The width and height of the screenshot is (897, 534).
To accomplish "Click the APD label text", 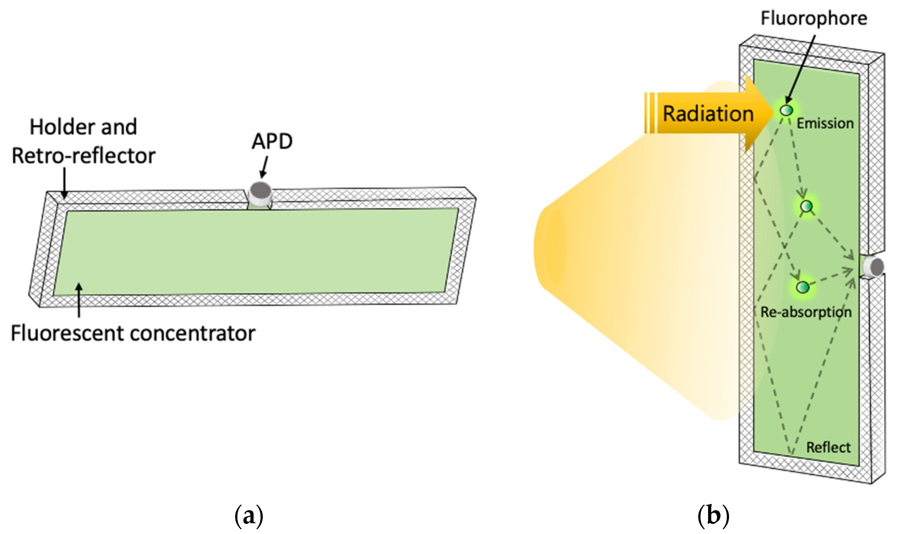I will coord(272,141).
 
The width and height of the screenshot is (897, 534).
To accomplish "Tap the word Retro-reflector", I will coord(84,156).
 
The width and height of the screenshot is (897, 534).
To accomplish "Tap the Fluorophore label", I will coord(814,18).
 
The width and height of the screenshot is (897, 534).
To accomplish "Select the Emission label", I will coord(825,124).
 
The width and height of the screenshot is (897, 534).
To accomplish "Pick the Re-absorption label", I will coord(806,312).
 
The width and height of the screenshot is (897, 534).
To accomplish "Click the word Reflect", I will coord(828,448).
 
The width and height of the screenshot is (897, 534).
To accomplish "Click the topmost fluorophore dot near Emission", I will coord(786,110).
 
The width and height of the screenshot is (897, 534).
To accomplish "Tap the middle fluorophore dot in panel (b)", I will coord(806,206).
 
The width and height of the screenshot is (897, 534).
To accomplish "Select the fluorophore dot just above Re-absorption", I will coord(802,287).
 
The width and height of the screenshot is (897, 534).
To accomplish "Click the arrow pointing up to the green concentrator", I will coord(79,300).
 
